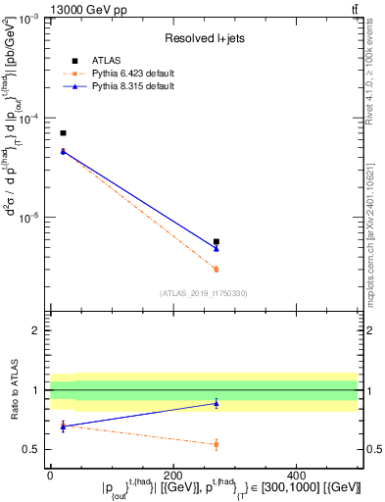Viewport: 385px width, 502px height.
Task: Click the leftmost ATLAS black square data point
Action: click(63, 132)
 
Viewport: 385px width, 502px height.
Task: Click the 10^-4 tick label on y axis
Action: click(29, 119)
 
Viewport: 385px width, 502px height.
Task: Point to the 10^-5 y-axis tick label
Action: click(29, 217)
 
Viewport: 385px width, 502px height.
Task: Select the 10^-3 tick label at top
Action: click(29, 21)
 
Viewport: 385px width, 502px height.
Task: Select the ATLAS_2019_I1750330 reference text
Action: click(204, 293)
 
